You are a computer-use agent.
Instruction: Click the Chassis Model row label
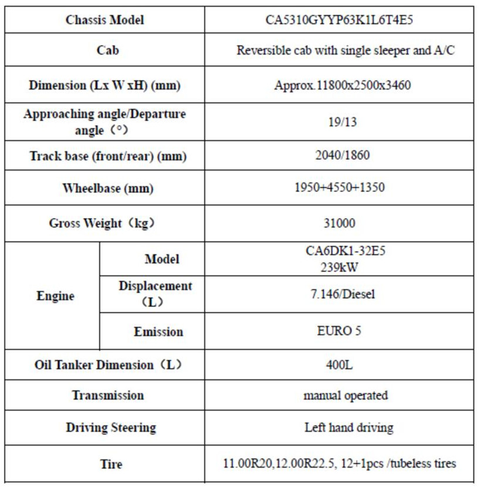(x=105, y=20)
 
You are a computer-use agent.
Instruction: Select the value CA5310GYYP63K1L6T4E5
(x=342, y=20)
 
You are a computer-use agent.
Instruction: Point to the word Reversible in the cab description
(x=262, y=50)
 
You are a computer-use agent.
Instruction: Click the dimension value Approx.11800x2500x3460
(x=342, y=86)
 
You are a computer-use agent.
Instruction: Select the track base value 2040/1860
(x=342, y=156)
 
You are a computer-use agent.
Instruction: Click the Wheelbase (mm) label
(x=105, y=189)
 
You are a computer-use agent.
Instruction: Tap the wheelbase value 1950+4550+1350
(x=342, y=189)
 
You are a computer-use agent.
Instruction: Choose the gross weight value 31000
(x=342, y=223)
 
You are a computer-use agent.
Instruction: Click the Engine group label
(x=56, y=296)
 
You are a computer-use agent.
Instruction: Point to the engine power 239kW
(x=343, y=267)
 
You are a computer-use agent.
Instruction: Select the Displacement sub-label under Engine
(x=155, y=287)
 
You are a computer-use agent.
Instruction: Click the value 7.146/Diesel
(x=343, y=294)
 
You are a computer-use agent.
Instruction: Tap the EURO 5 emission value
(x=343, y=331)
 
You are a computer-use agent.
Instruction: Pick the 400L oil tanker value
(x=343, y=365)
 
